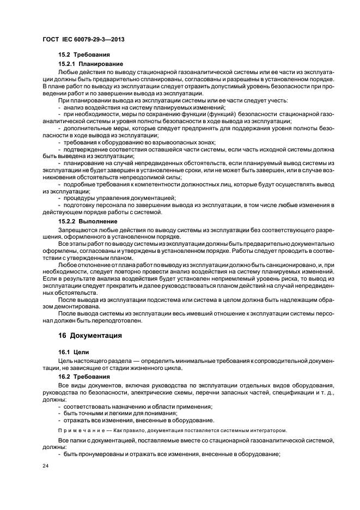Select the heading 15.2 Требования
(84, 55)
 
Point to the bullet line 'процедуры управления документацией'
(120, 198)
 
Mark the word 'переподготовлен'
(120, 320)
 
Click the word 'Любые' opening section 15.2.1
(67, 72)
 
